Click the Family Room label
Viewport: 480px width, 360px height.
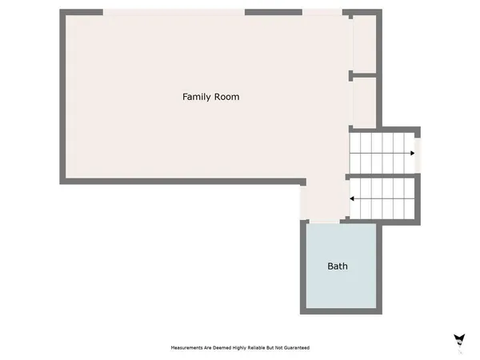[x=210, y=97]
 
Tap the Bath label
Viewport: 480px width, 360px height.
[x=338, y=266]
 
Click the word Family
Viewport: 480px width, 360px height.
[x=196, y=97]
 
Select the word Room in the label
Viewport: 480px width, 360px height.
[x=226, y=97]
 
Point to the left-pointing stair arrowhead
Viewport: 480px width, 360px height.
[x=352, y=198]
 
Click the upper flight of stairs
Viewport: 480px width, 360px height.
[x=382, y=152]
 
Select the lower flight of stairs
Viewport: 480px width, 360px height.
[x=382, y=198]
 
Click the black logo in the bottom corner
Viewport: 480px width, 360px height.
[x=458, y=339]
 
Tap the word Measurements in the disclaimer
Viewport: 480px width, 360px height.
[x=188, y=348]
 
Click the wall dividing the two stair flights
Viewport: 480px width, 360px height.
[x=382, y=175]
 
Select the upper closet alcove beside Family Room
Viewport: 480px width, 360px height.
[x=364, y=44]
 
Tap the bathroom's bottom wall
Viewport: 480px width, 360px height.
[x=340, y=310]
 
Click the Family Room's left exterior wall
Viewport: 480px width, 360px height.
[x=62, y=96]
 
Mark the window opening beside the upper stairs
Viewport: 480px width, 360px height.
[x=417, y=151]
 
